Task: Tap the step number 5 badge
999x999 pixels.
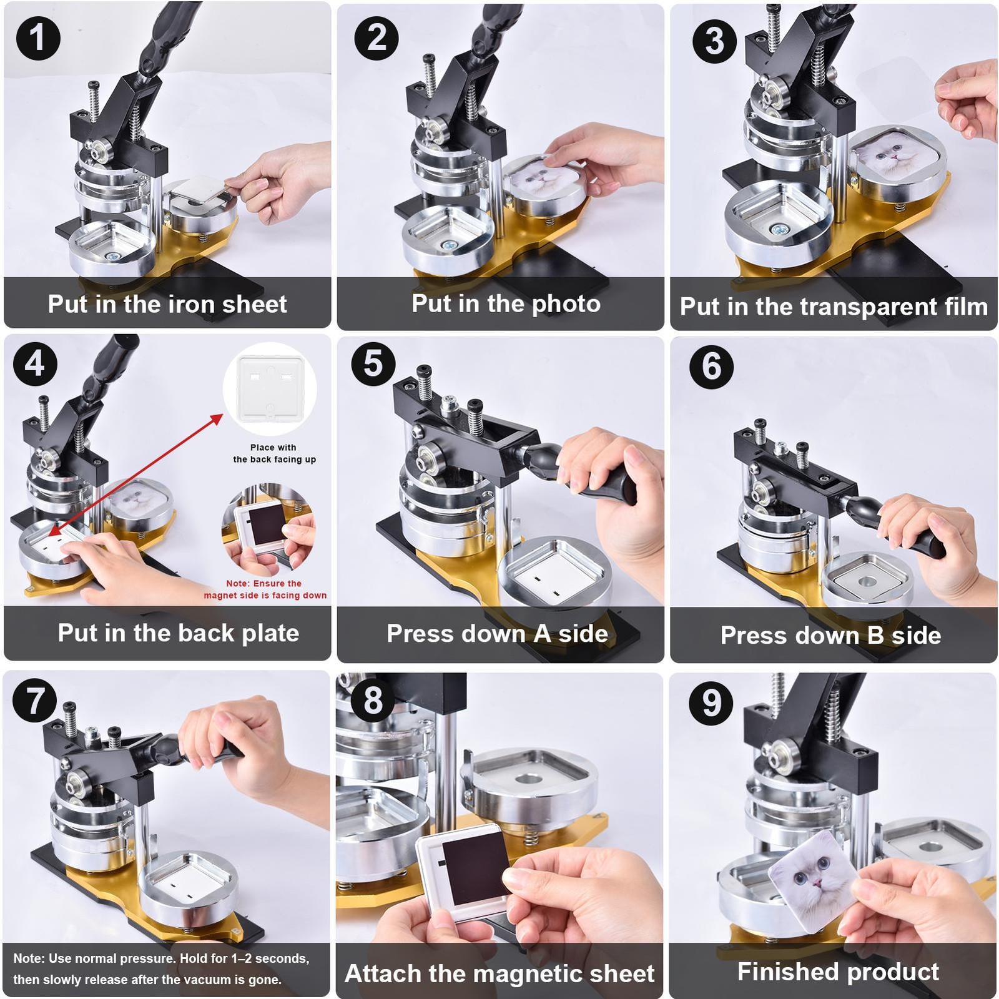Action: coord(373,363)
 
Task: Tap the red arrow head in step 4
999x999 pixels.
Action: coord(216,419)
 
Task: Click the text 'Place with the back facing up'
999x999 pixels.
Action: coord(274,453)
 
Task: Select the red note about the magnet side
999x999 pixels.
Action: coord(265,589)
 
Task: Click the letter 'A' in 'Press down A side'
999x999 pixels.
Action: coord(542,633)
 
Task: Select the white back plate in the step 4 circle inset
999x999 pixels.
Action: coord(270,388)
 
